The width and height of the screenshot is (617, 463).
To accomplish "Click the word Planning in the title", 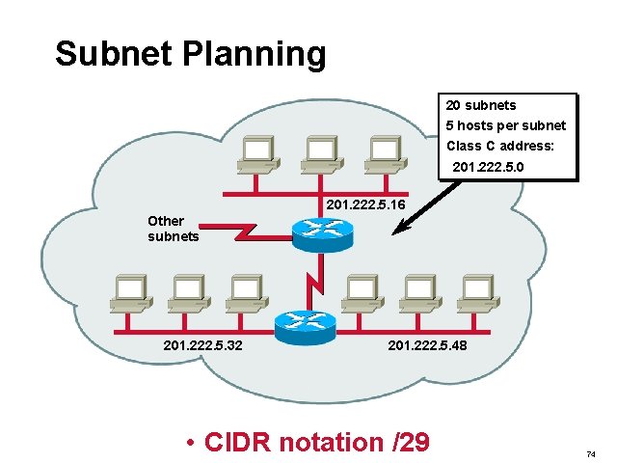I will click(x=255, y=54).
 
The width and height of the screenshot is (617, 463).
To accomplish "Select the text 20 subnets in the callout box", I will click(x=480, y=105).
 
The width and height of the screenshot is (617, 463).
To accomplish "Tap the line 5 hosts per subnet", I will click(x=505, y=126).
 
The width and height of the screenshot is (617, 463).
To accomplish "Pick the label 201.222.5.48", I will click(x=426, y=344).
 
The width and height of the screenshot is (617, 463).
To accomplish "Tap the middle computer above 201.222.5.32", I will click(x=187, y=291).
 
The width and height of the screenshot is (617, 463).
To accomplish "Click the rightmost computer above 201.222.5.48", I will click(x=476, y=291).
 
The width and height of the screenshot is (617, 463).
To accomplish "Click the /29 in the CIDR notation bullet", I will click(x=410, y=443).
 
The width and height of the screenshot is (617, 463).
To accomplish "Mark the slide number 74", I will click(x=592, y=453).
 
